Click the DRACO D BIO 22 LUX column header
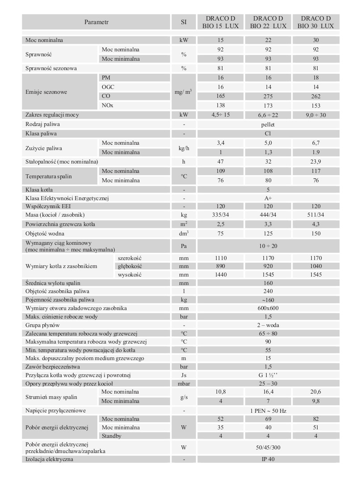point(268,22)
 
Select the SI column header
point(184,22)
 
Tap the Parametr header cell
point(96,22)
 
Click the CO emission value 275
point(268,96)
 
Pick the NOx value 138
point(220,105)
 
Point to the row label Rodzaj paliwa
point(43,124)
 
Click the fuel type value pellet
point(268,124)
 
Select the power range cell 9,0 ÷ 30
point(315,115)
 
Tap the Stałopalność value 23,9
point(315,161)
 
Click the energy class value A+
point(268,198)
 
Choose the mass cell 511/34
point(315,215)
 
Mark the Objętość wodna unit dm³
point(184,233)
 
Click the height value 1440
point(220,274)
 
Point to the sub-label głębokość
point(130,266)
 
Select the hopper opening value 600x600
point(268,308)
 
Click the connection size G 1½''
point(268,375)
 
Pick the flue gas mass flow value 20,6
point(315,392)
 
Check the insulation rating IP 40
point(268,459)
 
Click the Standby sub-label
point(111,436)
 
